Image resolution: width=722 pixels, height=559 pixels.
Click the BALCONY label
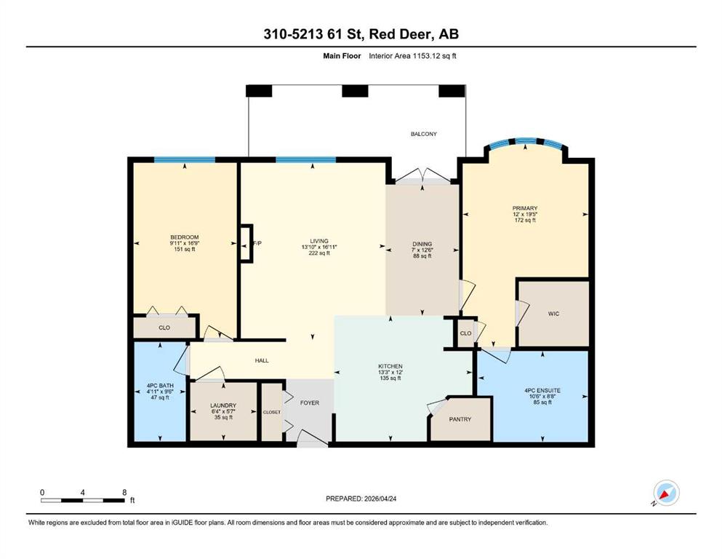(x=424, y=134)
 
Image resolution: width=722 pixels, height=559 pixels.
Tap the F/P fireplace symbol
(x=246, y=243)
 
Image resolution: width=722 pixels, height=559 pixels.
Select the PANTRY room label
(x=460, y=419)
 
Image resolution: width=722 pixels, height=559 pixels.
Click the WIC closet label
(x=553, y=314)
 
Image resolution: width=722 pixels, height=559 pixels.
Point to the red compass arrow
(x=665, y=495)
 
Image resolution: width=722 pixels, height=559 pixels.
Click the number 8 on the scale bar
(x=124, y=492)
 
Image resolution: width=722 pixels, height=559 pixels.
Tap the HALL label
(x=262, y=360)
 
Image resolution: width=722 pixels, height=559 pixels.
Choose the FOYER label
(x=310, y=403)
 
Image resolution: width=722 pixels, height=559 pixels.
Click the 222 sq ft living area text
(x=319, y=253)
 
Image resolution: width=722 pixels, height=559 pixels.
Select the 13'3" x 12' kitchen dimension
(x=390, y=373)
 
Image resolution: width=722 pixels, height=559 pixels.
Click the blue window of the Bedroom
(x=185, y=160)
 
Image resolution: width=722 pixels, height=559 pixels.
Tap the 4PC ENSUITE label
(x=542, y=390)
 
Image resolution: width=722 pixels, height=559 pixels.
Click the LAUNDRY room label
(x=223, y=405)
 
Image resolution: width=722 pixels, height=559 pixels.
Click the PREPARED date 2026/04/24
(x=380, y=499)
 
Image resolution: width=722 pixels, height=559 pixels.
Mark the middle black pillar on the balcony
(x=355, y=91)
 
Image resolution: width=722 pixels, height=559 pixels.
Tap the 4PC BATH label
(x=160, y=386)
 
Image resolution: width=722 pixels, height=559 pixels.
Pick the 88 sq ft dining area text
(x=422, y=255)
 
